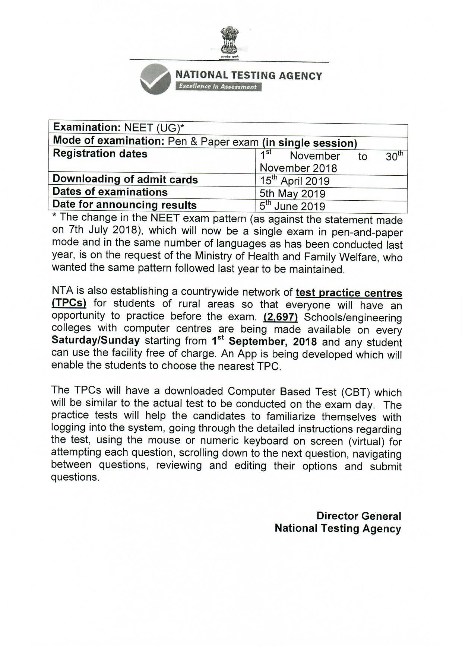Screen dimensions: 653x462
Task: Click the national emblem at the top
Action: point(229,42)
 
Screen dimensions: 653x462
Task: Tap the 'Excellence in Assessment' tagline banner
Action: point(218,87)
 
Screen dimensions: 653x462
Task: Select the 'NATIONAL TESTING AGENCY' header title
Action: point(249,76)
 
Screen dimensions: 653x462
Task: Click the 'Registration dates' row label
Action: point(100,154)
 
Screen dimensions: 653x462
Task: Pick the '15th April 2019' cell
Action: point(295,181)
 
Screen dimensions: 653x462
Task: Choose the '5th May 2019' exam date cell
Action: point(292,194)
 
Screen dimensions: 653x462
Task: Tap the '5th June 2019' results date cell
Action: point(292,206)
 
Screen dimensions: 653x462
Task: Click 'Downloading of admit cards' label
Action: point(125,179)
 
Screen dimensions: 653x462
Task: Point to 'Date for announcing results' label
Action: point(124,205)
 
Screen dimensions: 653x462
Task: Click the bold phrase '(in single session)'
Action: point(309,143)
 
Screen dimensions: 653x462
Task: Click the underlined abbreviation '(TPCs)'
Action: point(69,303)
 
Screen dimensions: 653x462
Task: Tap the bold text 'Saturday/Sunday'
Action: point(96,340)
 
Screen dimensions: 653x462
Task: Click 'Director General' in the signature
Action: point(358,516)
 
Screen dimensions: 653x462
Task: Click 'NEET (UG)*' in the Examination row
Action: point(154,128)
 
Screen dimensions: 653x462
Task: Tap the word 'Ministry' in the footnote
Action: point(218,256)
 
